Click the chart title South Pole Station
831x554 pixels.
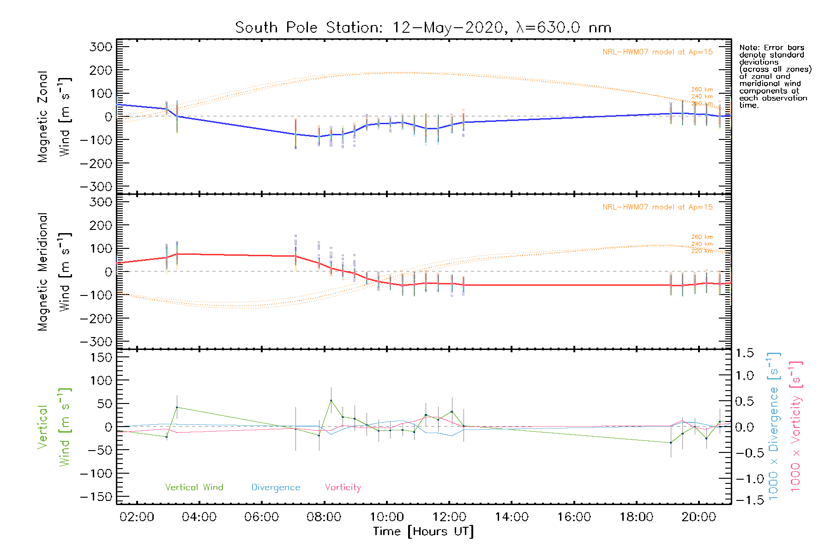point(423,28)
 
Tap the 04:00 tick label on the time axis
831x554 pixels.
point(199,517)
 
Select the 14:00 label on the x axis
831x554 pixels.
point(512,517)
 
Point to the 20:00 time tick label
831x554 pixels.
point(699,517)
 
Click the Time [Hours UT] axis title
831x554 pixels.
point(423,531)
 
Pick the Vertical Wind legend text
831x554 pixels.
point(194,488)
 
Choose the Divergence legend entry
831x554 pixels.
point(276,488)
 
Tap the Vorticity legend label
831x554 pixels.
point(343,488)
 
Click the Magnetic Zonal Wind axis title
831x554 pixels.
point(54,116)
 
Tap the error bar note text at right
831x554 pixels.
point(775,76)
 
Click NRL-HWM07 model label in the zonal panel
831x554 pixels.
point(657,52)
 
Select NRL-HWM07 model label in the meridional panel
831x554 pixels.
point(657,207)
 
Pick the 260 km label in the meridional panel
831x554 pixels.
point(702,237)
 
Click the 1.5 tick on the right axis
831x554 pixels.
point(744,353)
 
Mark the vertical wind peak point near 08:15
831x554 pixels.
point(331,400)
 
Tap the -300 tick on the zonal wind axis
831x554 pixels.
point(96,187)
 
